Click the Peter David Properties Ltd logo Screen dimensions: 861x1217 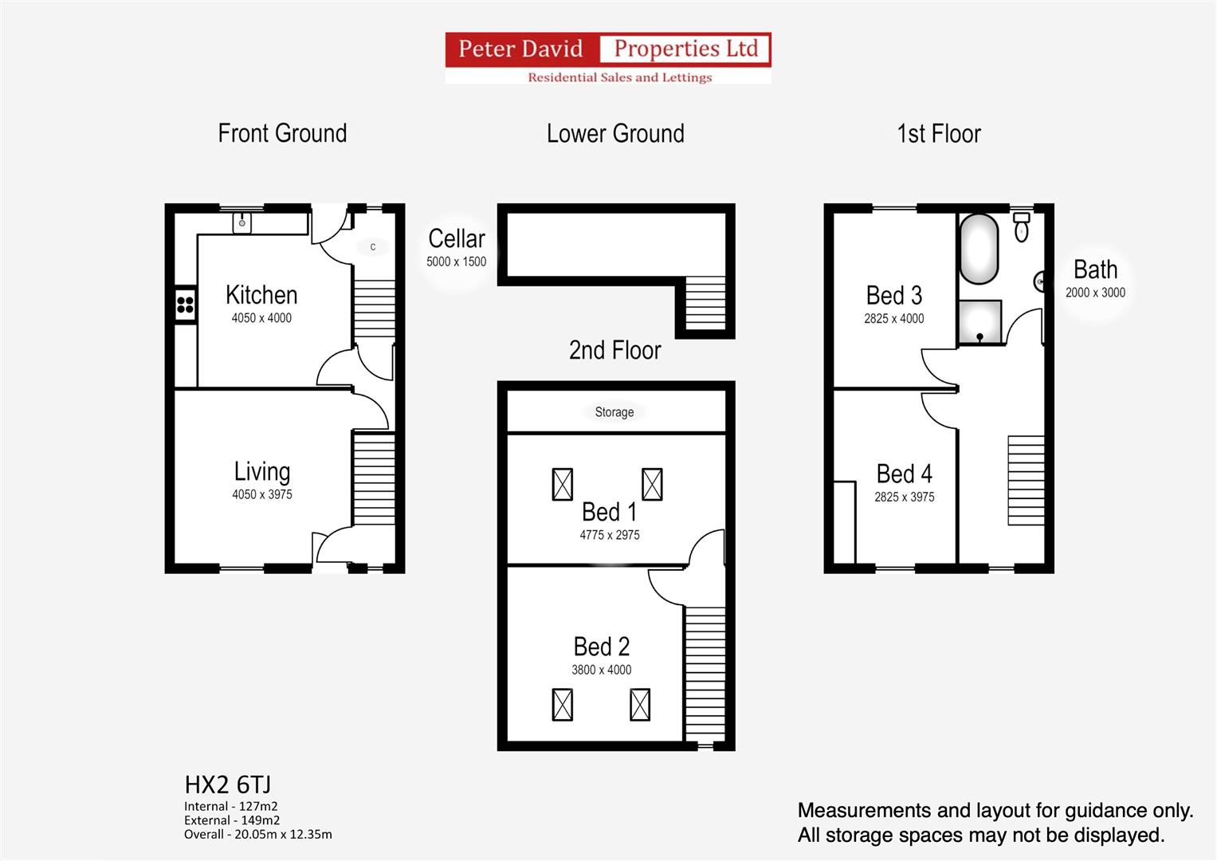pos(608,57)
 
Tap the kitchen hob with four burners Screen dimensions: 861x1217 pos(185,304)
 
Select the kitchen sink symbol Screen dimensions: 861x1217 pos(242,222)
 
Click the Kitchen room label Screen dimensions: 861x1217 pos(261,295)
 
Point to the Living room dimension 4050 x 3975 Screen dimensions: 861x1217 pos(262,494)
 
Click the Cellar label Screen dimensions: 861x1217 pos(456,238)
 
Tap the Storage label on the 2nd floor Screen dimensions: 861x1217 pos(614,412)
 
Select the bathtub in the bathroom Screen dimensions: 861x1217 pos(979,248)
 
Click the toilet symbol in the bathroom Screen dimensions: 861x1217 pos(1022,227)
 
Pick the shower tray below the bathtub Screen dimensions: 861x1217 pos(979,322)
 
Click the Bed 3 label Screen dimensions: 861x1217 pos(893,296)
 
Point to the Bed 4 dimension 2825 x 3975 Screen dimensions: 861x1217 pos(904,497)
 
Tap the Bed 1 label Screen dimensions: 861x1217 pos(609,511)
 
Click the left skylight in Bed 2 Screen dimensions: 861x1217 pos(563,705)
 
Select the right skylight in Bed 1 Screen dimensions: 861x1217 pos(652,484)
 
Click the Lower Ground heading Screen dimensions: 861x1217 pos(615,133)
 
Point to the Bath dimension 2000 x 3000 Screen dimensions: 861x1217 pos(1095,293)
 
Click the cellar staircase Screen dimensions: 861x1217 pos(705,304)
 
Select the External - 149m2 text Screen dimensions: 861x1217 pos(232,820)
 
